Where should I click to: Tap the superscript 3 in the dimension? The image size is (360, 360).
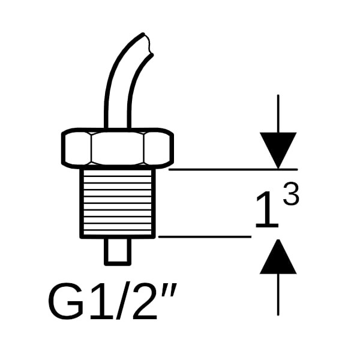click(292, 194)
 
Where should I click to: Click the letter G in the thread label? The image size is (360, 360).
click(66, 301)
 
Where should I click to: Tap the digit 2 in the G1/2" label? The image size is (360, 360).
click(145, 302)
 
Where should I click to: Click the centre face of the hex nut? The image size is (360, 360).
click(118, 148)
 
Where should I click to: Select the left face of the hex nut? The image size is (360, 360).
click(77, 149)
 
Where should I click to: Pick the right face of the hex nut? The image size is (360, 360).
click(158, 149)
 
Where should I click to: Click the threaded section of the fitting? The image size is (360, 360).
click(118, 203)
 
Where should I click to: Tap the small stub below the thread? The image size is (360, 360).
click(118, 251)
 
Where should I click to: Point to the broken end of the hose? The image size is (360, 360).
click(148, 44)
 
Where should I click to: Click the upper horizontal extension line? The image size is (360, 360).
click(233, 169)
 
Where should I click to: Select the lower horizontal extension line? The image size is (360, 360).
click(205, 236)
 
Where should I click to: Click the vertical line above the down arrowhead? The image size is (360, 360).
click(278, 113)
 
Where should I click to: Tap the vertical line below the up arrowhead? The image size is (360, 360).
click(278, 295)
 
